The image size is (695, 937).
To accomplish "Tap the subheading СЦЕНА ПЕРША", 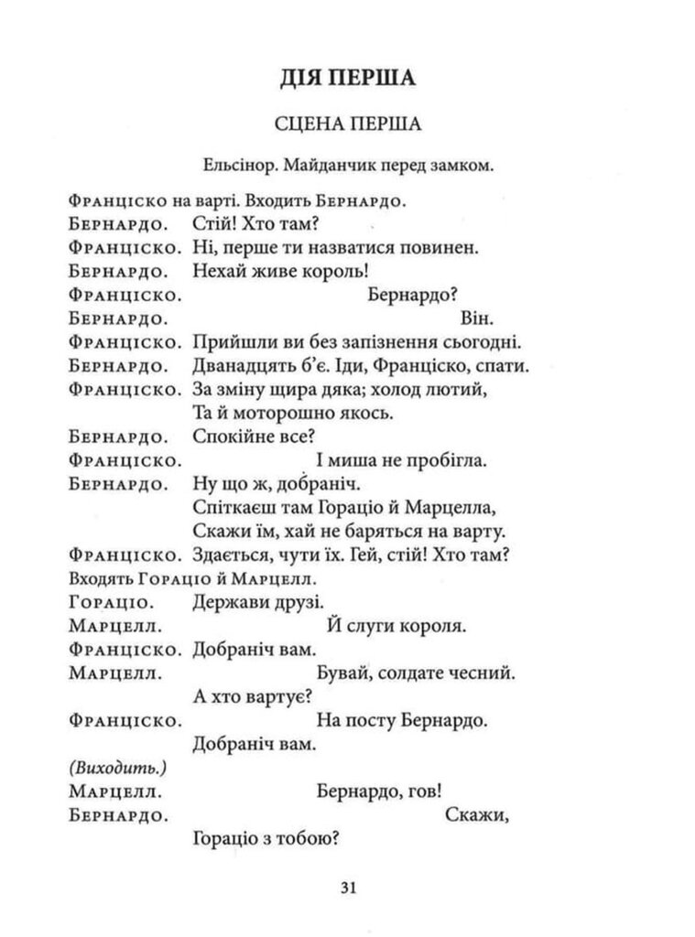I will [x=347, y=125].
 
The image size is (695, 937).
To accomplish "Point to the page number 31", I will [x=347, y=887].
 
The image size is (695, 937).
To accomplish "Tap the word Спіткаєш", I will [x=233, y=507].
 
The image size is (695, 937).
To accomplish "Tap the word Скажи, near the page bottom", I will [x=476, y=813].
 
